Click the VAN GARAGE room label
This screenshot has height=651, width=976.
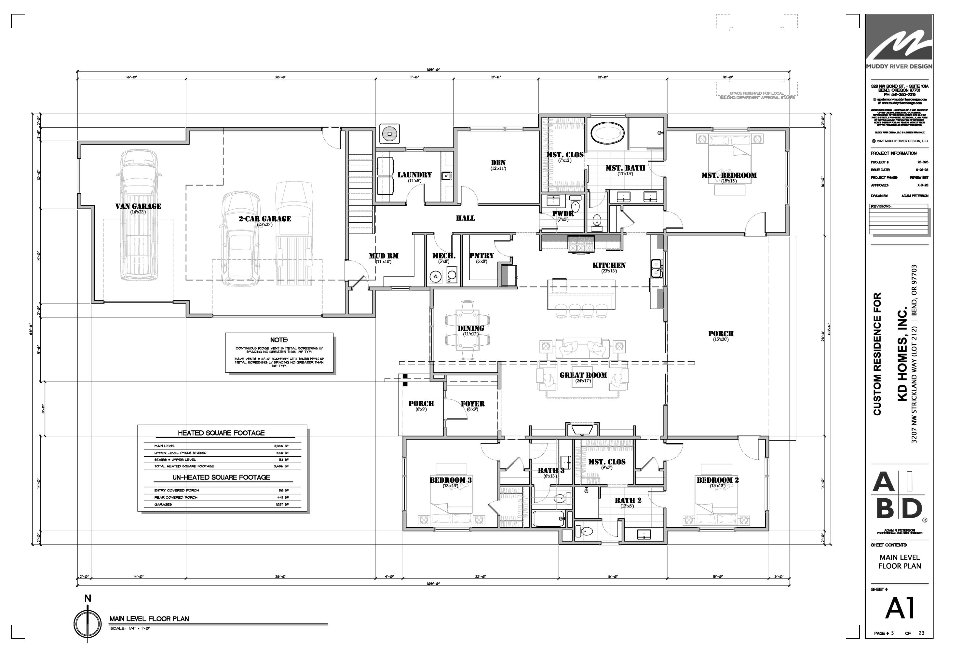[138, 206]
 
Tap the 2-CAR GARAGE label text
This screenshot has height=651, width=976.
[265, 219]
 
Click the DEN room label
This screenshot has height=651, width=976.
[498, 163]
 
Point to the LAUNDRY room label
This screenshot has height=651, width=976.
[414, 175]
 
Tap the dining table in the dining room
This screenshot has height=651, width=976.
[468, 330]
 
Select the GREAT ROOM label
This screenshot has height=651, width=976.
[583, 375]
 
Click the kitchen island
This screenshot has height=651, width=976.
[581, 294]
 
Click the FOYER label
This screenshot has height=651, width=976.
[473, 404]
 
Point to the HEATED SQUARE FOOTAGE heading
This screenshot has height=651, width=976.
[221, 433]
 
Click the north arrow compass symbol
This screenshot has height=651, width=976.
[88, 624]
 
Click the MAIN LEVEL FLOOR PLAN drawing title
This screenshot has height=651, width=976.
[149, 619]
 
